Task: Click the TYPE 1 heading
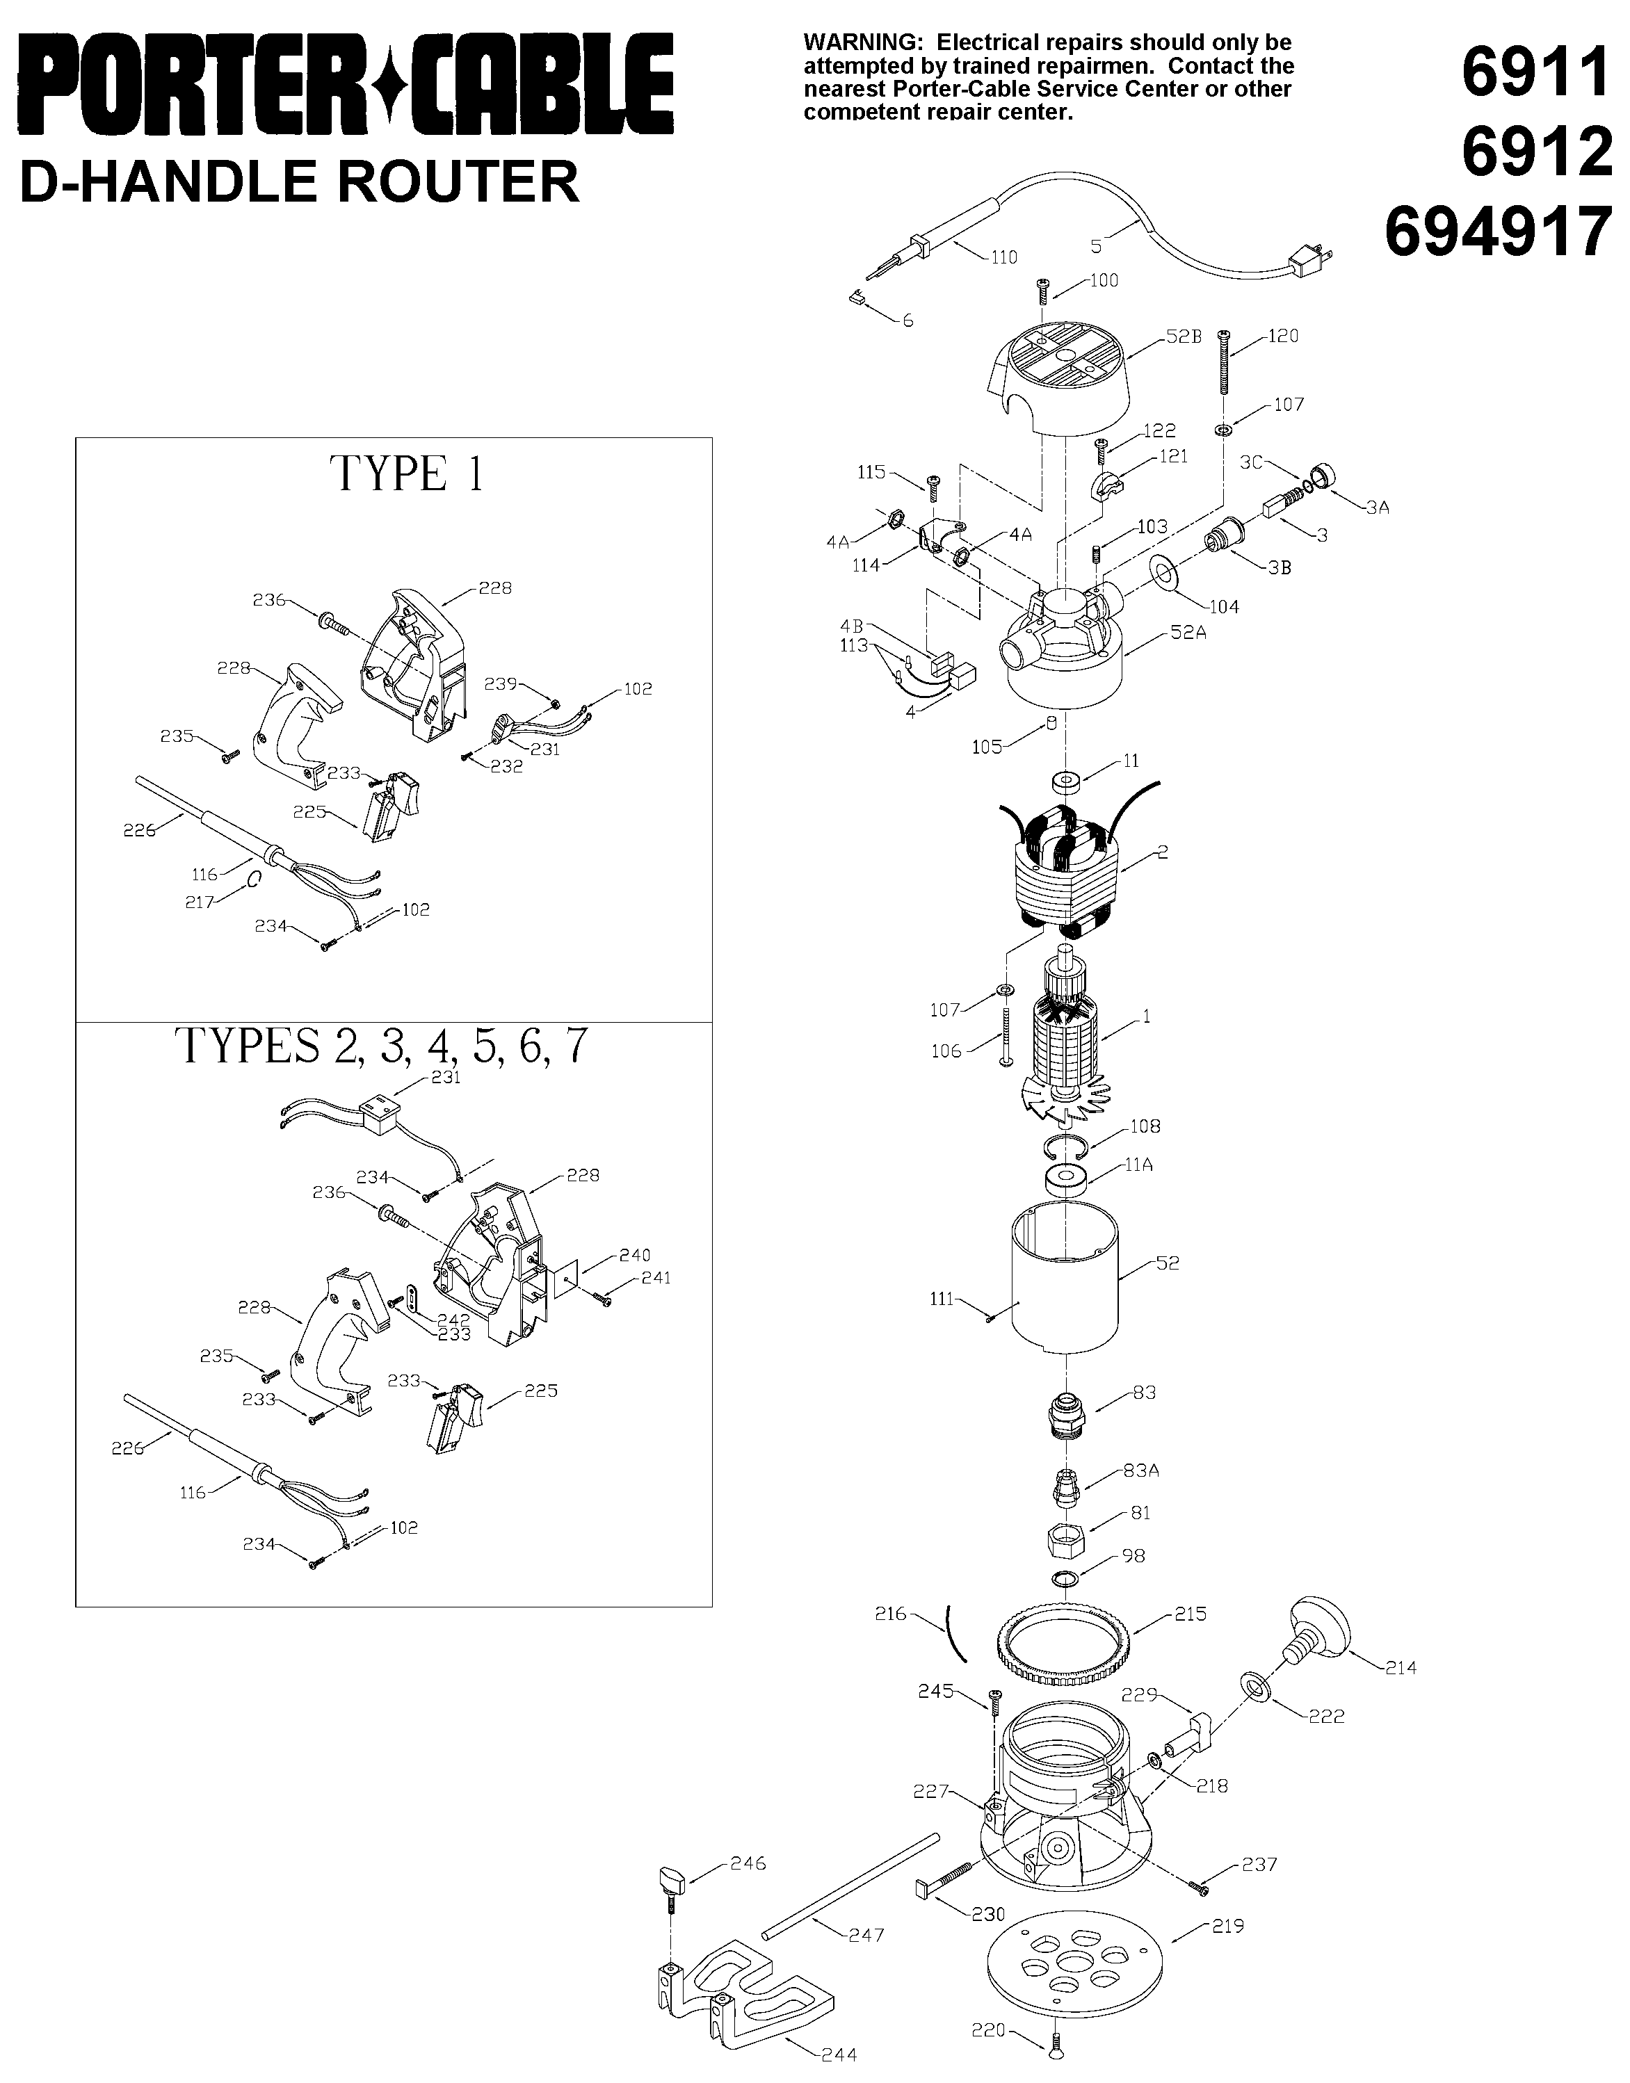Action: click(407, 474)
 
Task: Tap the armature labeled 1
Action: click(1066, 1040)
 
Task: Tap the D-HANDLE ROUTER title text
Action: click(300, 181)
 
